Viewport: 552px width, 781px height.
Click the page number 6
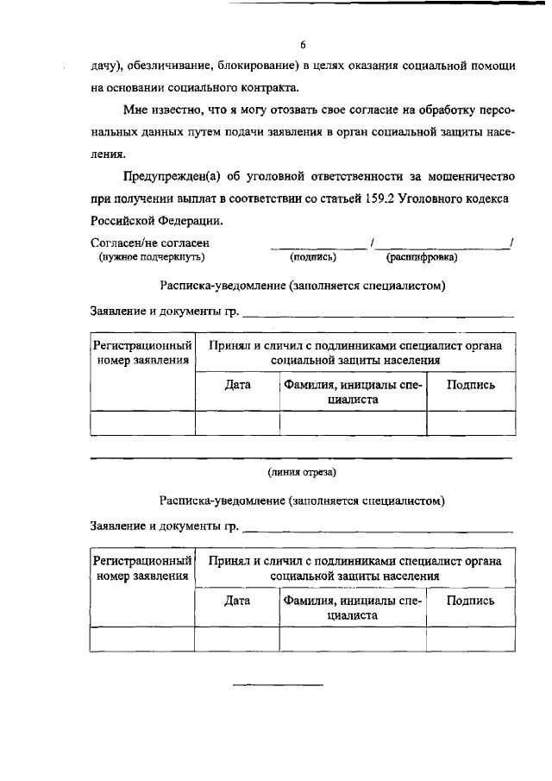click(303, 45)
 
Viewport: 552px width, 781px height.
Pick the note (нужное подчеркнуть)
click(152, 257)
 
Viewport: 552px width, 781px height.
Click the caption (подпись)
click(312, 257)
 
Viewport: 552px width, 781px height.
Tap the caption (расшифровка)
click(422, 257)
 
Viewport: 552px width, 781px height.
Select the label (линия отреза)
click(302, 472)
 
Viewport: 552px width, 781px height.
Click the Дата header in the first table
click(237, 385)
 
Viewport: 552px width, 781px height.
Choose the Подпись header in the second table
click(470, 601)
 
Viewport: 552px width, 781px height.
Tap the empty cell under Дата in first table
click(237, 422)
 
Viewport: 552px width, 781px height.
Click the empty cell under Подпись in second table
click(470, 638)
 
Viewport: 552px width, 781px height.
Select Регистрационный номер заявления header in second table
click(142, 568)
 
